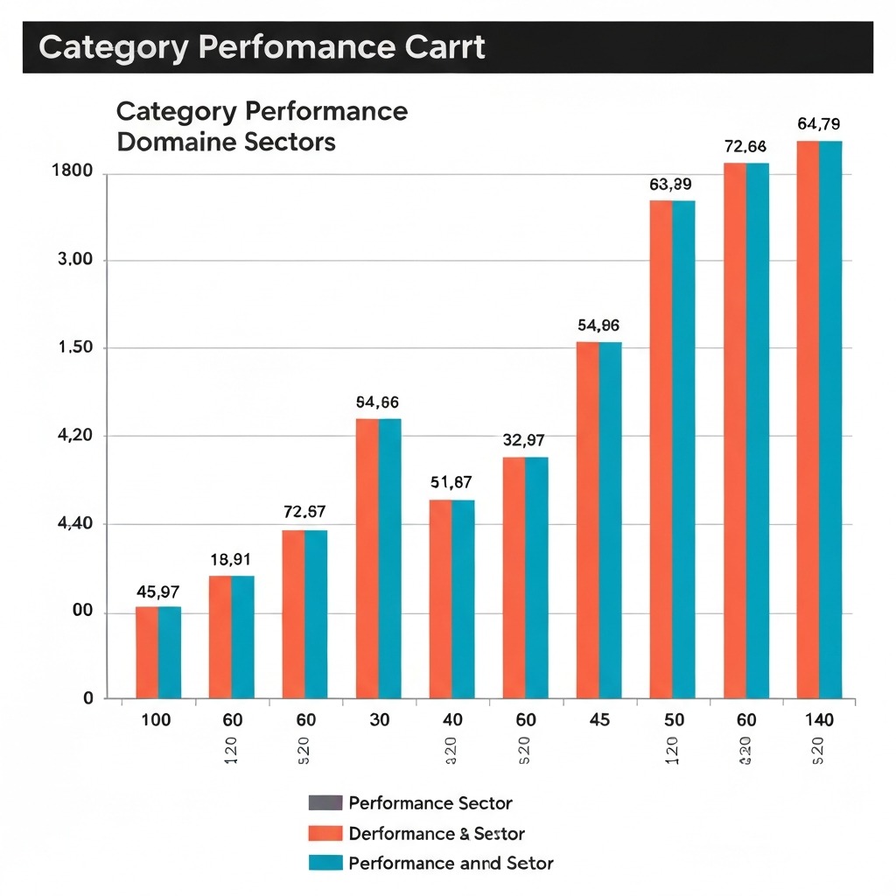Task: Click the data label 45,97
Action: pos(157,592)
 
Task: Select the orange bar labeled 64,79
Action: pos(808,420)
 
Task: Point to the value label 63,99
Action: pos(670,185)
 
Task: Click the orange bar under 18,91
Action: pos(220,637)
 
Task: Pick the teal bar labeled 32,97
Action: pos(536,577)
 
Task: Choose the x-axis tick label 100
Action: pos(157,721)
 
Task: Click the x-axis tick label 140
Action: pos(818,721)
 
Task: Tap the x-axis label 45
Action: pos(598,721)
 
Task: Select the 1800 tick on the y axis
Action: pos(73,171)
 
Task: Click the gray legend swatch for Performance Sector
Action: pos(325,803)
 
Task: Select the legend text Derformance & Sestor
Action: pos(436,834)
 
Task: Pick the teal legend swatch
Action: pos(325,864)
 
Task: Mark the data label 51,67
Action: pos(451,482)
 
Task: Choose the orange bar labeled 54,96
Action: pos(588,521)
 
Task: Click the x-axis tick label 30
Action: pos(379,721)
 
